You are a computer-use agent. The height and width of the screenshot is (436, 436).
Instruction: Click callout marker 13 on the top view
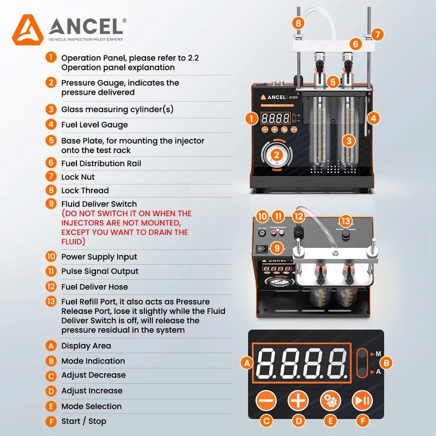pos(346,221)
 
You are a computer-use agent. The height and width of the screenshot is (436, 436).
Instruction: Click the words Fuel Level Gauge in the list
pos(94,125)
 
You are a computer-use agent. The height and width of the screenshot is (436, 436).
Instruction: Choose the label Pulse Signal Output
pos(100,271)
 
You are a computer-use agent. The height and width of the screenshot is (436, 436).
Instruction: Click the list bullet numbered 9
pos(51,204)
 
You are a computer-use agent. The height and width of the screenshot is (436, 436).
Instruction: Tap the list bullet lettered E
pos(51,406)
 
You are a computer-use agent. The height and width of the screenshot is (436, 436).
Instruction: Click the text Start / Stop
pos(83,421)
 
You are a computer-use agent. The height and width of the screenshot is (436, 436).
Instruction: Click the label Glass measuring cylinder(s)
pos(117,109)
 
